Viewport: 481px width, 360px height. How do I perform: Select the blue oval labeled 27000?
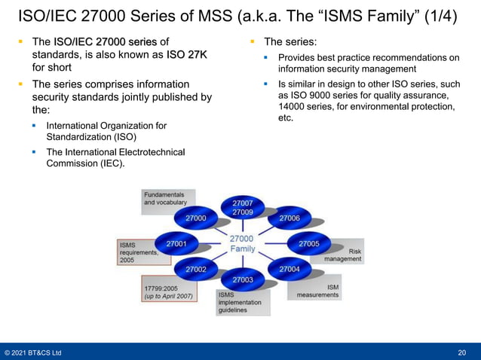[x=195, y=218]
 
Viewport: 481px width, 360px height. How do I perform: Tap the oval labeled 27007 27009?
[x=242, y=208]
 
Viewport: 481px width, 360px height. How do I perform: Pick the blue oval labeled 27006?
[x=290, y=218]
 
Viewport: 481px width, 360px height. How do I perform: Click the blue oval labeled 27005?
[x=308, y=243]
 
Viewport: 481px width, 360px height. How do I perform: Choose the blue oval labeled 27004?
[x=290, y=269]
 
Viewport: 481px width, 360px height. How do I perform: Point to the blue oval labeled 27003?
[x=242, y=279]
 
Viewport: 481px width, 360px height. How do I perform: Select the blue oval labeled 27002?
[x=195, y=269]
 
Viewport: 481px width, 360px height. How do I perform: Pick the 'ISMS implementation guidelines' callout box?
[x=240, y=303]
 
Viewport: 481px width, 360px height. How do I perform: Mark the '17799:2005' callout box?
[x=168, y=292]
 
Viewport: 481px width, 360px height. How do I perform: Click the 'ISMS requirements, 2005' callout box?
[x=138, y=252]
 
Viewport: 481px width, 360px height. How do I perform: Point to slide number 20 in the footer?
[x=461, y=352]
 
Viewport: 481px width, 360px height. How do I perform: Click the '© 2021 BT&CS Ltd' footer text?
[x=33, y=352]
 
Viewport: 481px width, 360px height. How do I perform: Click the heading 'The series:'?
[x=295, y=41]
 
